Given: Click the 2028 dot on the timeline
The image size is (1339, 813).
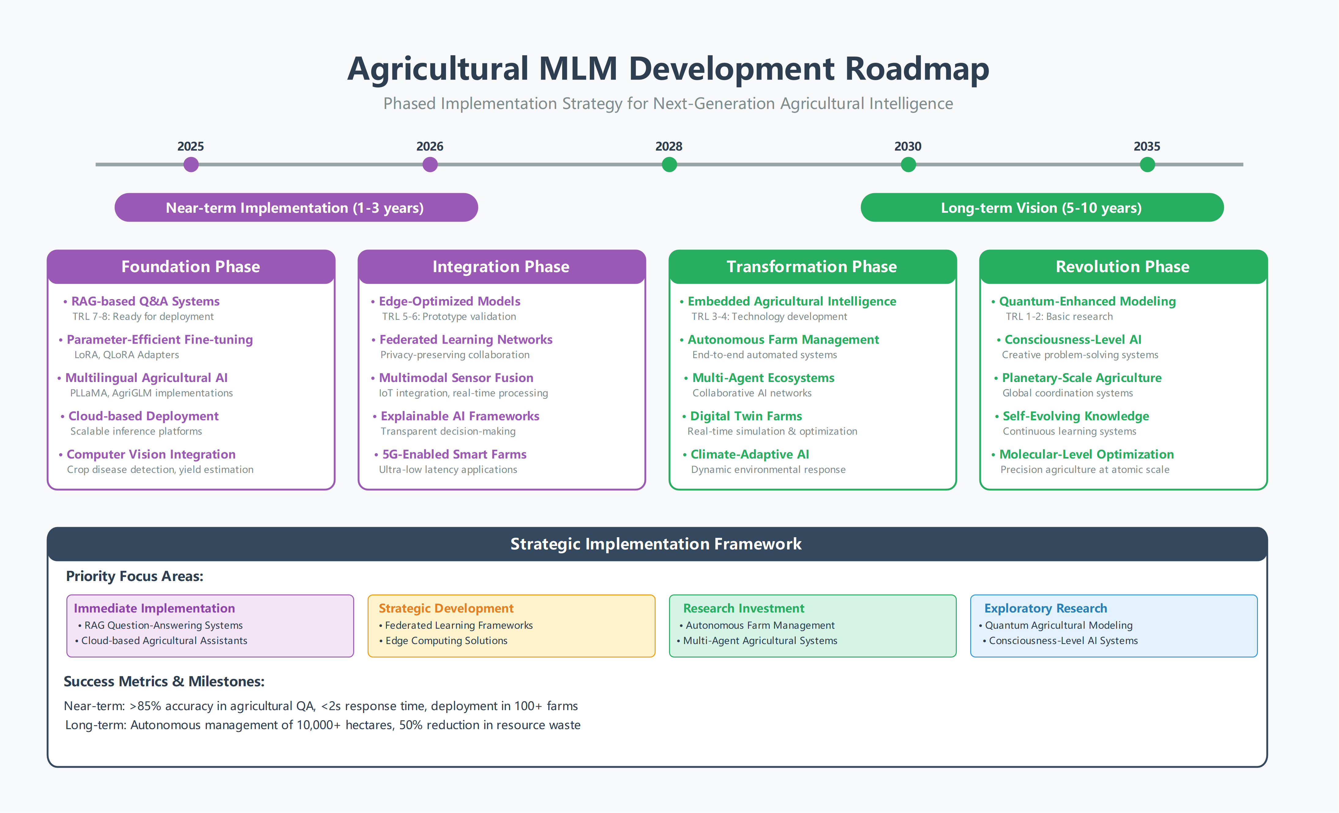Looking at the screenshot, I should tap(669, 164).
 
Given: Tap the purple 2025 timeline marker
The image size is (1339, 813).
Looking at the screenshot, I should tap(191, 164).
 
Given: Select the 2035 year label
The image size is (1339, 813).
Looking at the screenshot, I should tap(1146, 146).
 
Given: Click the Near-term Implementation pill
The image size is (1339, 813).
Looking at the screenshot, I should tap(296, 208).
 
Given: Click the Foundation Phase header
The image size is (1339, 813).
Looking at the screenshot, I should tap(191, 266).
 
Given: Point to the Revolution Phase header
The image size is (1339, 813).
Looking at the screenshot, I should tap(1123, 266).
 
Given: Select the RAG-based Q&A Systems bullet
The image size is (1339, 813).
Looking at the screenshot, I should tap(145, 301).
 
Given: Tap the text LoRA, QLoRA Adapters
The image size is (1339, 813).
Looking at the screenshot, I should tap(127, 355).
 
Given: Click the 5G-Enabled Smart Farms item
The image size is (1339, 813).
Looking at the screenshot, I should tap(454, 454).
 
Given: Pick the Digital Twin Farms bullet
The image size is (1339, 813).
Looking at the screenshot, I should tap(746, 416).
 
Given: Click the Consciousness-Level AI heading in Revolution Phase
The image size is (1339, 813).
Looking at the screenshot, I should tap(1073, 340).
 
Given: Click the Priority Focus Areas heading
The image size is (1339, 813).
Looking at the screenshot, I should tap(135, 576).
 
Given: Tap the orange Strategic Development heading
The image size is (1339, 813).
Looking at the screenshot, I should tap(446, 608).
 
